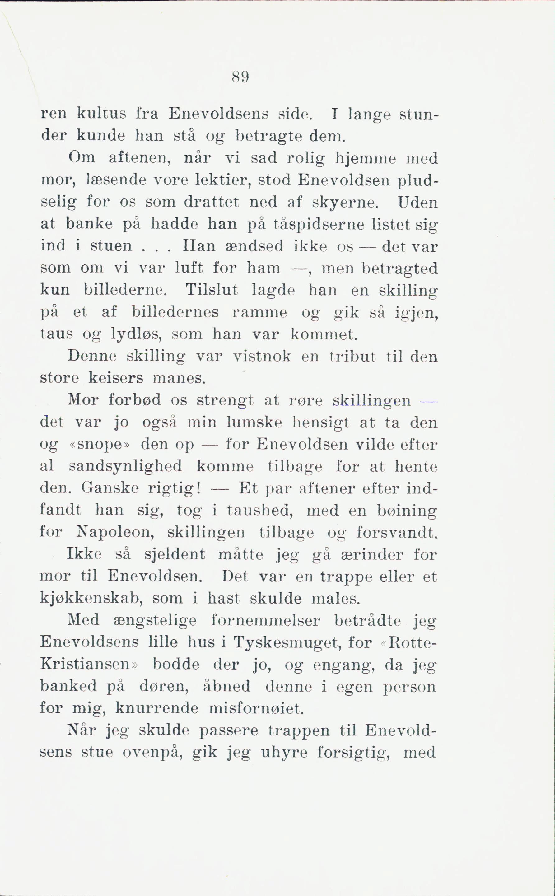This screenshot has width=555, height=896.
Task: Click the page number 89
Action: point(240,77)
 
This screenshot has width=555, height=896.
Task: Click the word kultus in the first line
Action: point(101,114)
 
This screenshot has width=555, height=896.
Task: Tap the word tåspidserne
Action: point(319,225)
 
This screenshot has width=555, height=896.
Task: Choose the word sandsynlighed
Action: point(126,467)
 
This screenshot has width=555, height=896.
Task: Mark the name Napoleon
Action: point(114,533)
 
